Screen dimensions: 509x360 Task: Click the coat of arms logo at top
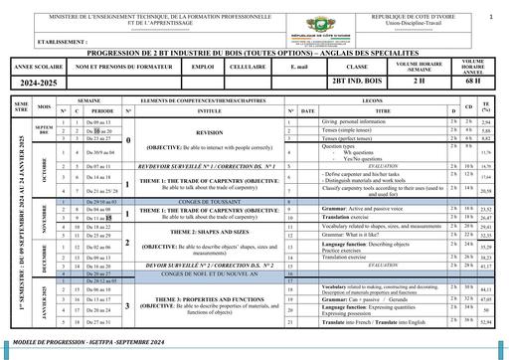click(254, 23)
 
